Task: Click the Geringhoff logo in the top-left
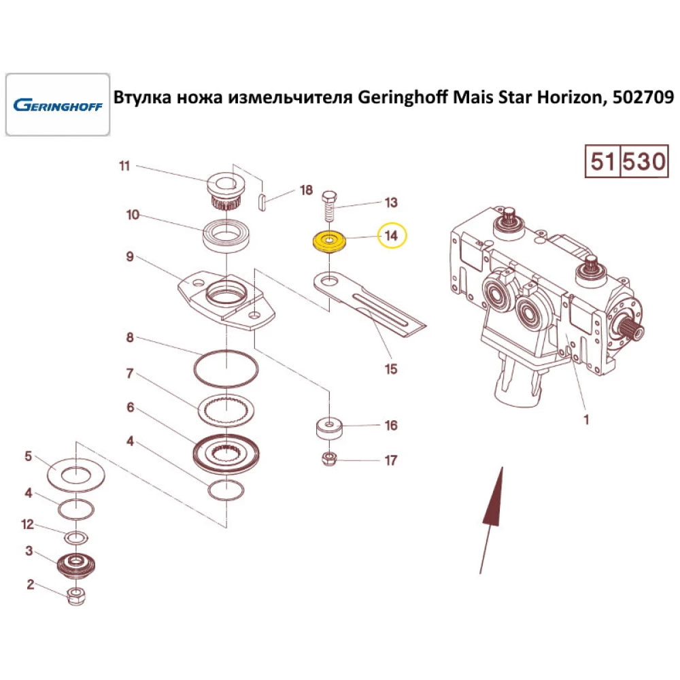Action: pyautogui.click(x=57, y=106)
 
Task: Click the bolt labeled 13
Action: pyautogui.click(x=328, y=204)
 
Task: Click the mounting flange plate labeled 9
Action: pyautogui.click(x=224, y=299)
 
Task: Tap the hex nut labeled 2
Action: pyautogui.click(x=75, y=597)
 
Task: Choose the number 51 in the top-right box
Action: pyautogui.click(x=602, y=162)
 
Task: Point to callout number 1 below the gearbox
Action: pyautogui.click(x=586, y=420)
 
